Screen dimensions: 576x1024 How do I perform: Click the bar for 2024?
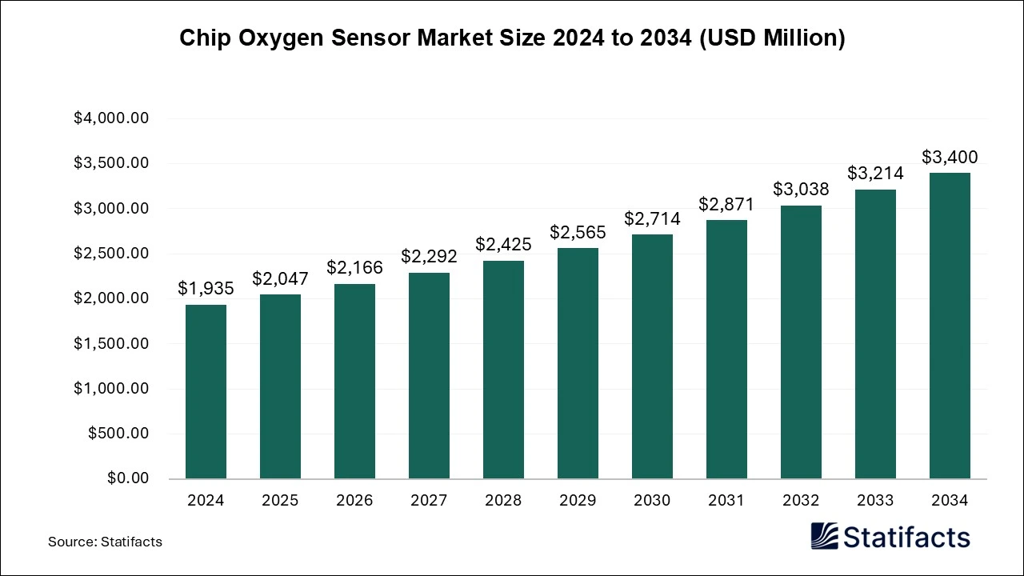point(206,392)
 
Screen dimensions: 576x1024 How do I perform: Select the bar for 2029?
point(578,364)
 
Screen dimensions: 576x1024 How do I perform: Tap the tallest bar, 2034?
point(950,326)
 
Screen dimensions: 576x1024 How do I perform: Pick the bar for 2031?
point(726,350)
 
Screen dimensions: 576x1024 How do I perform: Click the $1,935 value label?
point(206,289)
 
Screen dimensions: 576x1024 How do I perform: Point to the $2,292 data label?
point(429,257)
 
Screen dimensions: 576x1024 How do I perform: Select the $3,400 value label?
point(950,157)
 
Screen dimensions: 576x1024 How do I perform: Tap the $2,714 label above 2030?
point(652,218)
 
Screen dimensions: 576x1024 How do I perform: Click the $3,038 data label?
point(801,190)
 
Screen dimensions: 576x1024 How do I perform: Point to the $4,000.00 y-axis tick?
point(111,118)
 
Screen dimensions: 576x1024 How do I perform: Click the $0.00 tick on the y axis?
point(128,478)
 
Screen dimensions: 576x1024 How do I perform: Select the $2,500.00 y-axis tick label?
point(111,254)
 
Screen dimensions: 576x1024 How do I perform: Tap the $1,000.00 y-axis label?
point(111,389)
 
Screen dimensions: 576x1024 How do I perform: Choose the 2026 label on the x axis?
point(354,501)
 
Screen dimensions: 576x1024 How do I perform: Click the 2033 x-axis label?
point(875,501)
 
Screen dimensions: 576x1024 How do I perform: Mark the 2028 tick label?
point(503,501)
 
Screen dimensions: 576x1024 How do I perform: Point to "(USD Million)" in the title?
point(773,38)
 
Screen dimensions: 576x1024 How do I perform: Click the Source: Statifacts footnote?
point(105,542)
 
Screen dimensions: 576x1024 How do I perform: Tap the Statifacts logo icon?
point(824,536)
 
